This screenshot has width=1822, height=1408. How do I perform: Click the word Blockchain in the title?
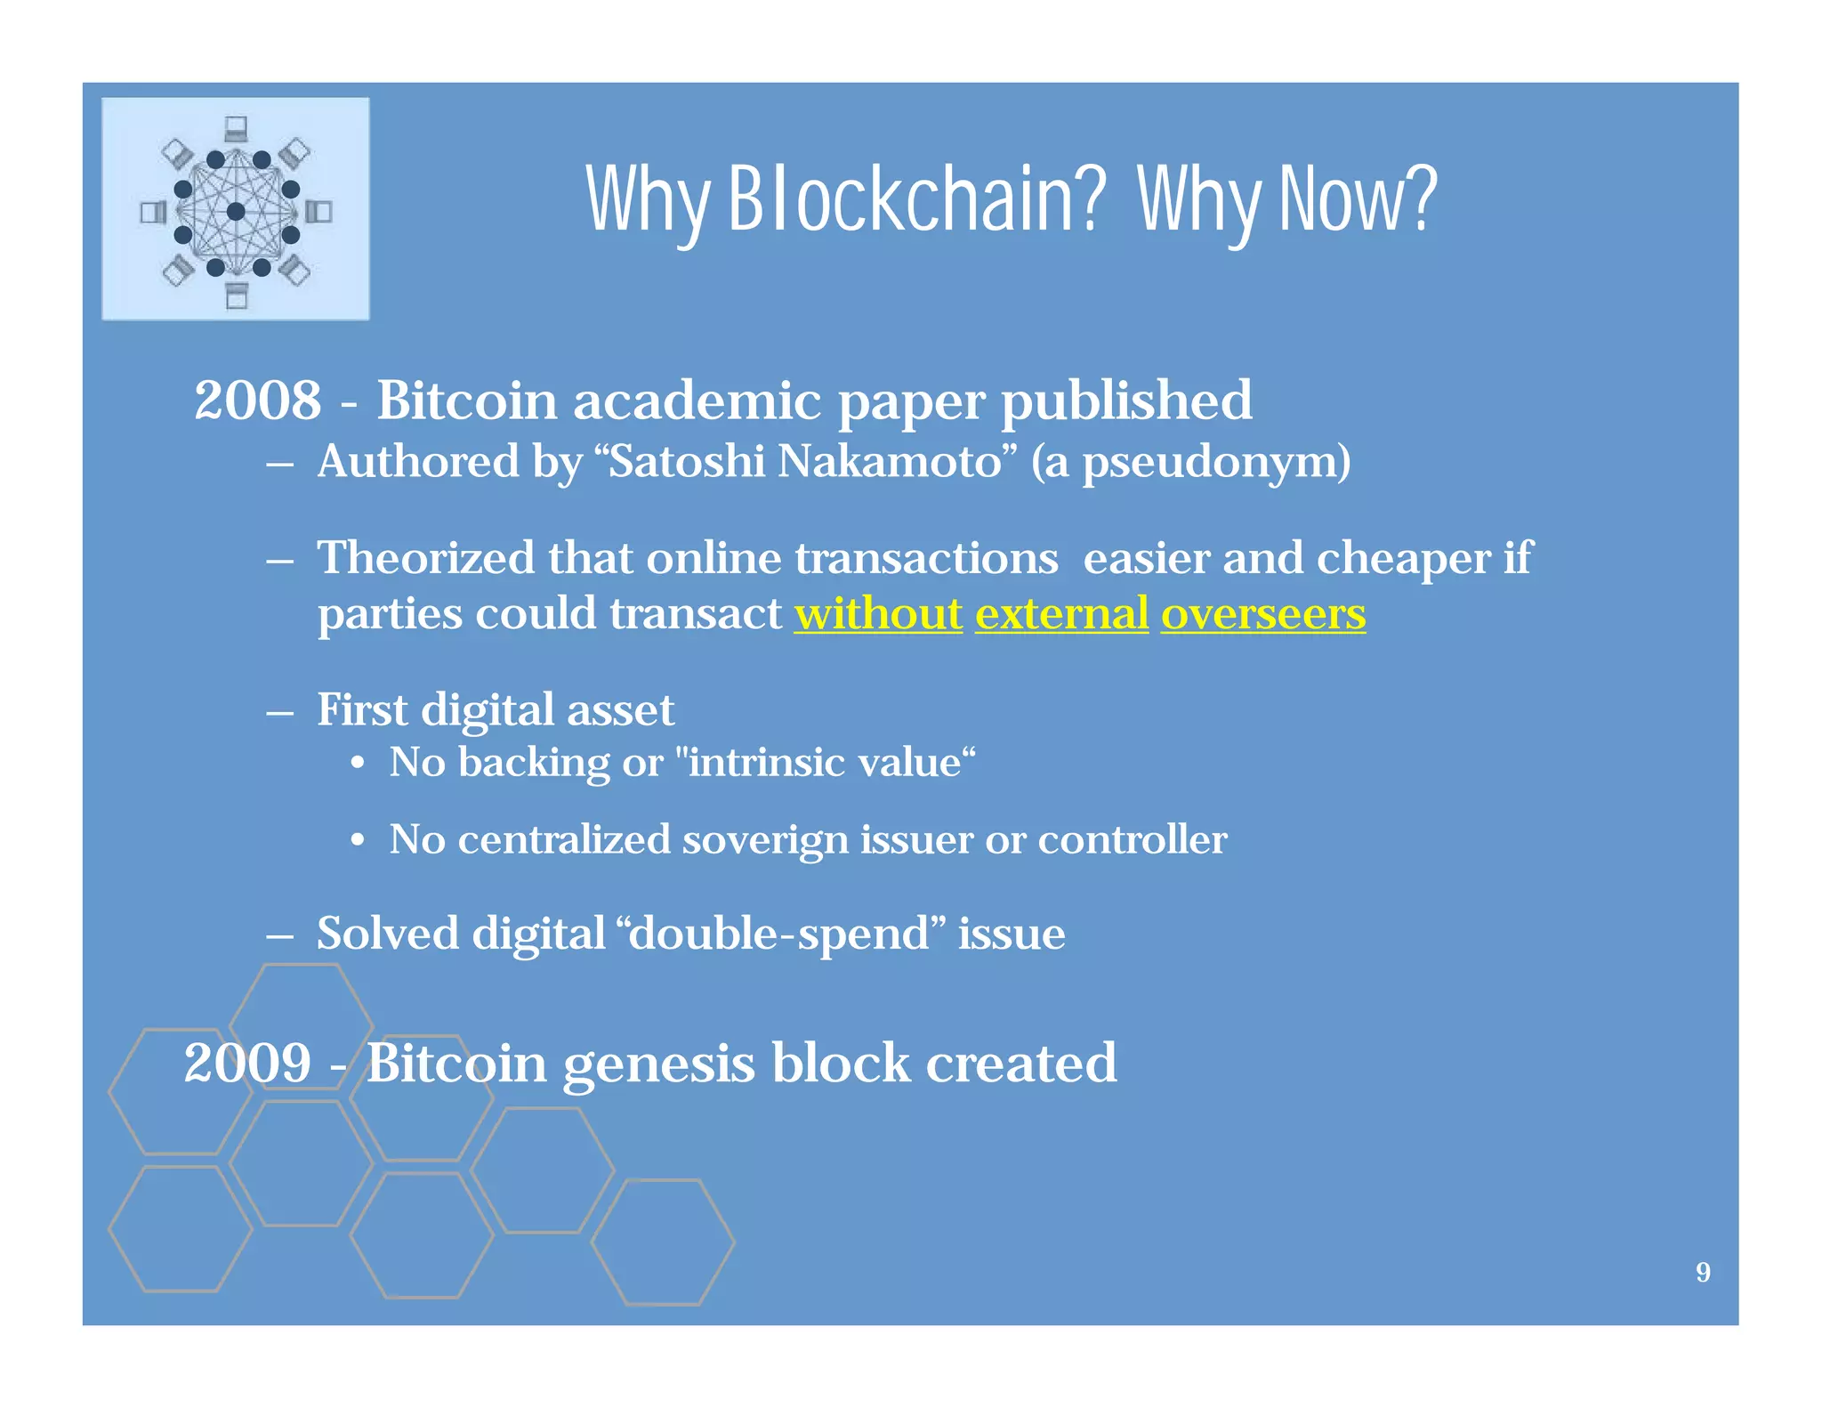pos(916,200)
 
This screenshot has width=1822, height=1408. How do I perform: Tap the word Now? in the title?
pos(1358,200)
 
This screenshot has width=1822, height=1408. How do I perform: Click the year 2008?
pos(258,401)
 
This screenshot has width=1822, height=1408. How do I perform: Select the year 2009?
pos(247,1064)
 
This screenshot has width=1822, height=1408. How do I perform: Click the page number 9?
pos(1703,1273)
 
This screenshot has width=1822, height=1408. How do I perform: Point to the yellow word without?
pos(878,614)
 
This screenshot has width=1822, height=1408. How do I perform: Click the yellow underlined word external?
pos(1061,614)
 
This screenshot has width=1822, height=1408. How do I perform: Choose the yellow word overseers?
pos(1262,614)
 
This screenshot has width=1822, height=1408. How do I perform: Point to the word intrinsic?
pos(765,763)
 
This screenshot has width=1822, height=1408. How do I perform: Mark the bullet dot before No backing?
pos(357,764)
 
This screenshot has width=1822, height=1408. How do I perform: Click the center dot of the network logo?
pos(236,212)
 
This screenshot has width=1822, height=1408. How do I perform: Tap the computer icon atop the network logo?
pos(236,129)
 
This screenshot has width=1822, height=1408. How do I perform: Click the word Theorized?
pos(426,559)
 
